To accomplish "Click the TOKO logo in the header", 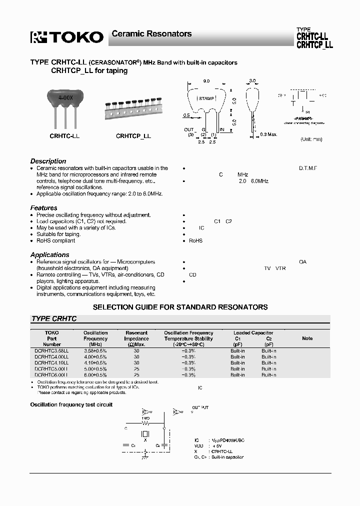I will point(67,36).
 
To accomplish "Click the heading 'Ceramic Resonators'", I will point(151,34).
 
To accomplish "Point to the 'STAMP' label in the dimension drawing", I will point(206,99).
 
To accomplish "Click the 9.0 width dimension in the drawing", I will point(205,80).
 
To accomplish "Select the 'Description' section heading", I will point(48,161).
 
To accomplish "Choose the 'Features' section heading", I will point(44,207).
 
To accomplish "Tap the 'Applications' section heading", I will point(49,254).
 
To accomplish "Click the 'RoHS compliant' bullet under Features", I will point(55,240).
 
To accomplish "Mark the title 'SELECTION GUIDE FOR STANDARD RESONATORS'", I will point(180,307).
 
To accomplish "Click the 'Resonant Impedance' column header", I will point(136,338).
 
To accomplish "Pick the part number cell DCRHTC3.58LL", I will point(51,350).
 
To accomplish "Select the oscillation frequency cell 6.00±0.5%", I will point(95,374).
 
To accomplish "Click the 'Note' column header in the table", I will point(307,338).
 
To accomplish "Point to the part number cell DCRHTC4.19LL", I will point(51,362).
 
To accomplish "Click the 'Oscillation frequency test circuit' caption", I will point(71,404).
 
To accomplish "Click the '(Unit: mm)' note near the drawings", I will point(311,139).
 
